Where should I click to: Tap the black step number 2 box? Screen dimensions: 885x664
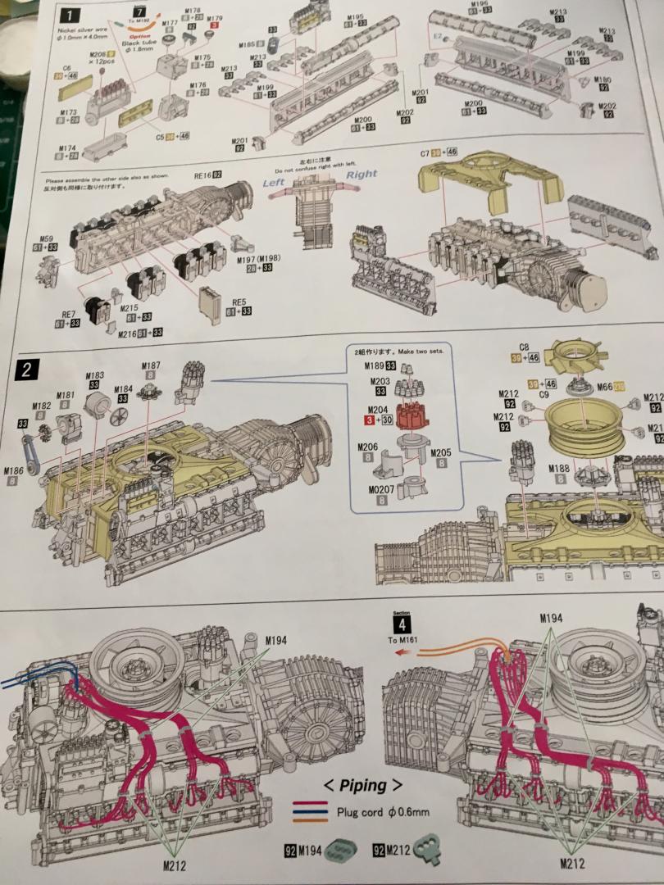[x=26, y=370]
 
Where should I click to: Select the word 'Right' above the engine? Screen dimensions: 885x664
[x=361, y=174]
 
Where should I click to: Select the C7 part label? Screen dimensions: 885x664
[x=425, y=153]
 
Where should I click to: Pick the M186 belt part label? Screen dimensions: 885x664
[x=14, y=470]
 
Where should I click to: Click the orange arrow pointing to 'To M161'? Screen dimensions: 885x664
[x=403, y=654]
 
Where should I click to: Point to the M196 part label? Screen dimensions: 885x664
[x=480, y=4]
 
